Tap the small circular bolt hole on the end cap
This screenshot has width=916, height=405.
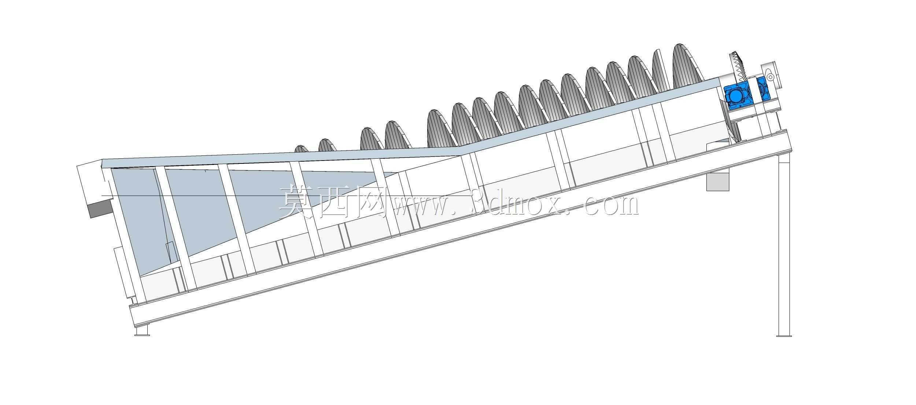[771, 77]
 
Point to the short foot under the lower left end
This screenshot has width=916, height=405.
[142, 331]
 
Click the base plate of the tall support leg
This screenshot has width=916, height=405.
[784, 335]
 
